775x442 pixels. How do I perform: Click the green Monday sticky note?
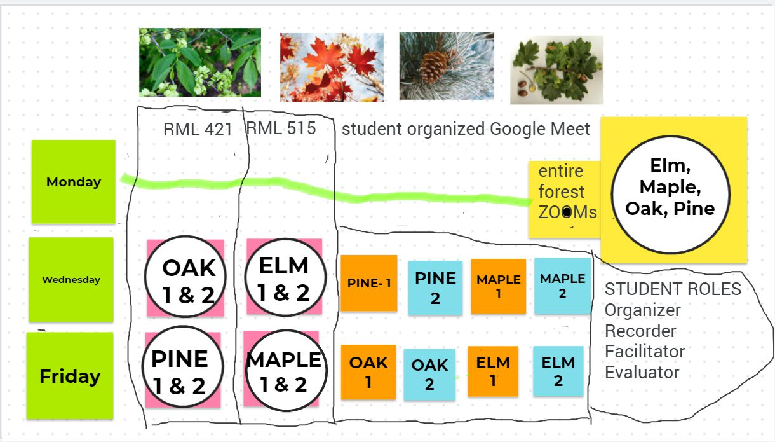click(74, 182)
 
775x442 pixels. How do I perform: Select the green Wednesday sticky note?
click(71, 280)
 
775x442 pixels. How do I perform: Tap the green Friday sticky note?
click(70, 376)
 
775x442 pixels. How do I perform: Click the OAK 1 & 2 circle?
click(185, 278)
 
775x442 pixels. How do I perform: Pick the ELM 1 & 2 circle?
click(284, 277)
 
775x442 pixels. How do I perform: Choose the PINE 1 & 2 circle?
click(183, 371)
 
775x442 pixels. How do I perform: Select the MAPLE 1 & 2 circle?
click(285, 371)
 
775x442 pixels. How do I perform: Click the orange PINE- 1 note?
click(369, 283)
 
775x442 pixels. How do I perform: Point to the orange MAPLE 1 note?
click(499, 286)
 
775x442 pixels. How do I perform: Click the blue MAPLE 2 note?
click(562, 286)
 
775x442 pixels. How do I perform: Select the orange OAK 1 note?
click(368, 372)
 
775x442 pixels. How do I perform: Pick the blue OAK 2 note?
click(429, 375)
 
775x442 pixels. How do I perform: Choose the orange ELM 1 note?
click(493, 371)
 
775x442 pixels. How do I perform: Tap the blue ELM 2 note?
click(558, 371)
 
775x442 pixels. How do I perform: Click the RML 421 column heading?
click(198, 130)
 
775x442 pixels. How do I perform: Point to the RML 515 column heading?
click(281, 128)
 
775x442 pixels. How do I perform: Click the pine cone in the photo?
click(435, 66)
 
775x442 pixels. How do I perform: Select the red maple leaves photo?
click(332, 67)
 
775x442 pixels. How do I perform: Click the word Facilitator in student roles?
click(644, 352)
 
